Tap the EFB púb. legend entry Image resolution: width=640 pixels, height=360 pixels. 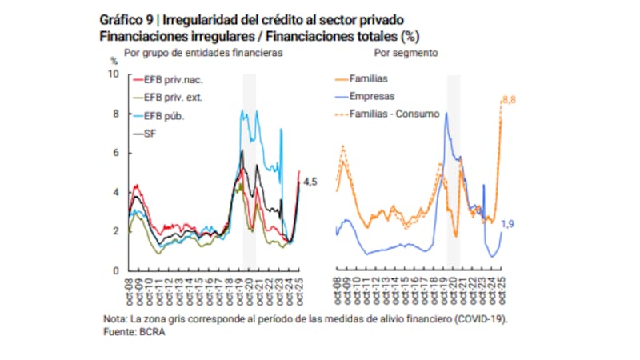click(163, 116)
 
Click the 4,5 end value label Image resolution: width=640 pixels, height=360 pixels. click(310, 182)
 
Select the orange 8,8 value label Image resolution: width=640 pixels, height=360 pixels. click(509, 98)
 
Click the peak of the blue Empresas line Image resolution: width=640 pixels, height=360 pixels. click(446, 113)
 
